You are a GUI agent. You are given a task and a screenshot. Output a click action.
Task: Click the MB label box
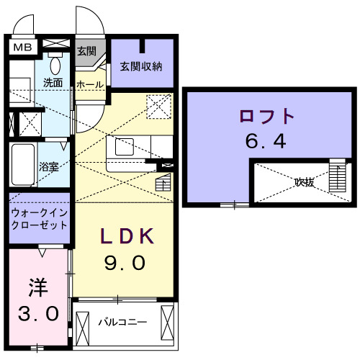pos(23,48)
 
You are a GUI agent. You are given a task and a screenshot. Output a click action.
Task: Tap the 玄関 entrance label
pos(86,51)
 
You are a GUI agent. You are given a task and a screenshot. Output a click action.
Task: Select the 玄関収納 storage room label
pos(142,67)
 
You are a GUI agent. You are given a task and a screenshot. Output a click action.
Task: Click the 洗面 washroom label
pos(53,83)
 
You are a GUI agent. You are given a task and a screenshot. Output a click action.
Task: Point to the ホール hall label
pos(89,84)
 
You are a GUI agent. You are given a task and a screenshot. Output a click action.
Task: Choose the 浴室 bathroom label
pos(49,165)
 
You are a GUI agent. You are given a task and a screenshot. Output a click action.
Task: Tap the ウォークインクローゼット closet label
pos(40,218)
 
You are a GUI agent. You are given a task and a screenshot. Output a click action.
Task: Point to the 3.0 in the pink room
pos(37,314)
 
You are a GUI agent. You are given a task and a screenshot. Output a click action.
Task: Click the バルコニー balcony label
pos(119,321)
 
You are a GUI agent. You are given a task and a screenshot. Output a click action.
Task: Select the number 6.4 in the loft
pos(266,140)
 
